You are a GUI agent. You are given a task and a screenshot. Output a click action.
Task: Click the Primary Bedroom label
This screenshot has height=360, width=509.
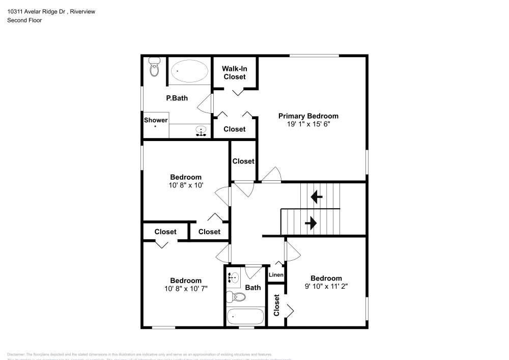click(308, 116)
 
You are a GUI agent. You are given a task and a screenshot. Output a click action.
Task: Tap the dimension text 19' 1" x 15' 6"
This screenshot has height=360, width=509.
click(308, 124)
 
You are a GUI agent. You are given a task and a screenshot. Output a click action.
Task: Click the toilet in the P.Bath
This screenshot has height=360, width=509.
click(154, 67)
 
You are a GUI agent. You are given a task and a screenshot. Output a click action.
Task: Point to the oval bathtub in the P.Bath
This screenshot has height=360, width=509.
click(189, 72)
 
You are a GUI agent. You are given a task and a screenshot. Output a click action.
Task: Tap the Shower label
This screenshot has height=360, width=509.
click(155, 120)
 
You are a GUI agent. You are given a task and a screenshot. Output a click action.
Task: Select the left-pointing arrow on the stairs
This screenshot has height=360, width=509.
click(316, 197)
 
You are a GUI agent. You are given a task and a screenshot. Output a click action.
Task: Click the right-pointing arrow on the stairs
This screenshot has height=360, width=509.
click(310, 223)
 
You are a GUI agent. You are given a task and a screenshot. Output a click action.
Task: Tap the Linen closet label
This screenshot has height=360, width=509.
click(276, 275)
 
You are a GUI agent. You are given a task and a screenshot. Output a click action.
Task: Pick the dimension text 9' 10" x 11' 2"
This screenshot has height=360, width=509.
click(326, 286)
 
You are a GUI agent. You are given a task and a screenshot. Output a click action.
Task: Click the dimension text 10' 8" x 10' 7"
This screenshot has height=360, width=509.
click(185, 288)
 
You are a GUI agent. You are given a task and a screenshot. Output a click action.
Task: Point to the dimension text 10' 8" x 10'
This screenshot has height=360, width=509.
click(185, 185)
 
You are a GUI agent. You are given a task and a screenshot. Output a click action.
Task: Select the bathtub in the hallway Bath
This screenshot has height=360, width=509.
click(245, 316)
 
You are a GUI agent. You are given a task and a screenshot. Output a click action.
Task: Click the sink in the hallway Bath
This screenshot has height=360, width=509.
click(234, 278)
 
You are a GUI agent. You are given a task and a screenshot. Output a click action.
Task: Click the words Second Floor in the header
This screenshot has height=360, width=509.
click(24, 20)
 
